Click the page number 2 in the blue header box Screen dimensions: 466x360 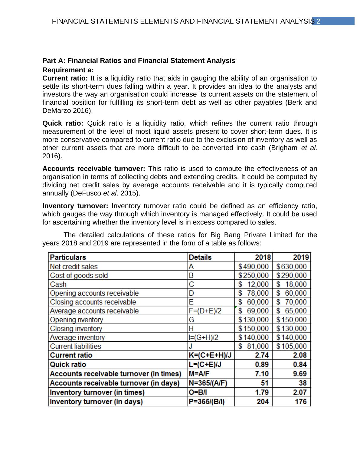coord(318,21)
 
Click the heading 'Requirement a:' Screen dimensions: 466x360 coord(68,70)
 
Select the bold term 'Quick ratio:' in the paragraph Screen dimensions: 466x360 coord(63,123)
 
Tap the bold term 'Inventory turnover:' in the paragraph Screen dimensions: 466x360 coord(75,206)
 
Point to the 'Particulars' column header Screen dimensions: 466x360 coord(68,257)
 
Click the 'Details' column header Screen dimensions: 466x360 coord(200,257)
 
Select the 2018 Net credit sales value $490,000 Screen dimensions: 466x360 coord(253,267)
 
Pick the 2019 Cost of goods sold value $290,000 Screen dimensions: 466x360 coord(291,275)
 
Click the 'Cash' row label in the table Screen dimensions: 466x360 coord(58,284)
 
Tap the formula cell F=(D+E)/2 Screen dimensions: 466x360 coord(205,311)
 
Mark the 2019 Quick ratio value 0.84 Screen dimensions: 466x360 coord(300,364)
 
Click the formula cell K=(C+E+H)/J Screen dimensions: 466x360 coord(211,355)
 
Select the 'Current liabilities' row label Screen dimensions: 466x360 coord(75,346)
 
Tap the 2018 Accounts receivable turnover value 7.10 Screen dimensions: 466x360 coord(262,374)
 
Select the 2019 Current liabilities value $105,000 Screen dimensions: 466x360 coord(291,346)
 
